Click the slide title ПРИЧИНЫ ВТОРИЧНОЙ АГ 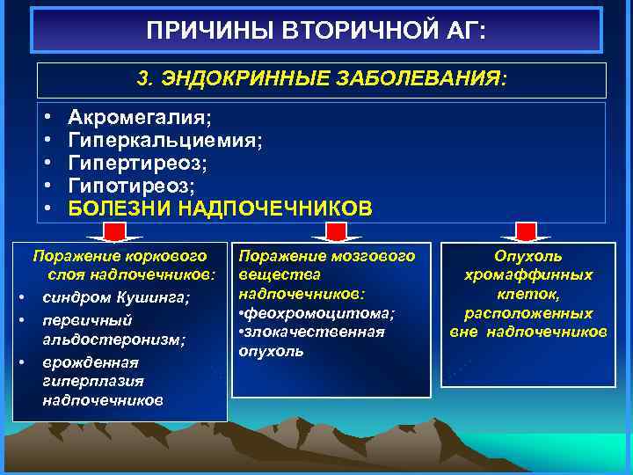(x=316, y=32)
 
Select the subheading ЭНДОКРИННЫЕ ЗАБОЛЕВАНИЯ (x=322, y=80)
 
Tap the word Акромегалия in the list (x=140, y=118)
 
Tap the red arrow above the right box (x=527, y=232)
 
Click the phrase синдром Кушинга (x=115, y=296)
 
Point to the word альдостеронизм (x=113, y=340)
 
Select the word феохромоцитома (x=321, y=313)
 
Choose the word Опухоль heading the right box (x=527, y=256)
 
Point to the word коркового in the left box (x=169, y=256)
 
